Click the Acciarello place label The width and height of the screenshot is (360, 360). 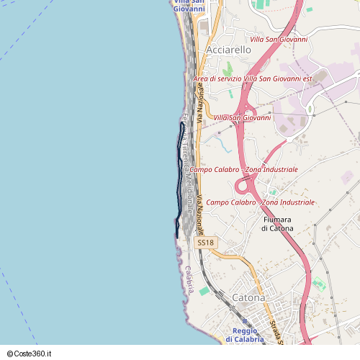[x=229, y=50]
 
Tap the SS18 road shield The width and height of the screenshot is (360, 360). [x=206, y=243]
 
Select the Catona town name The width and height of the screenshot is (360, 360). [x=248, y=297]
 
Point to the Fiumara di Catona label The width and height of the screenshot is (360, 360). [x=277, y=223]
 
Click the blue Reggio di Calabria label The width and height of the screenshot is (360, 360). [x=244, y=335]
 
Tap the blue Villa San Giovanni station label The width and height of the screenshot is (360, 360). [x=189, y=6]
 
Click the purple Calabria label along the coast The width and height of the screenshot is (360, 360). [x=189, y=279]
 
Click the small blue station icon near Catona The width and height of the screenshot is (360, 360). [x=244, y=321]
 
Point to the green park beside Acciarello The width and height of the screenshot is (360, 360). [x=228, y=70]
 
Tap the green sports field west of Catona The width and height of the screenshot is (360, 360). [x=204, y=291]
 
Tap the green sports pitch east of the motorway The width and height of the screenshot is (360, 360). [x=319, y=283]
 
